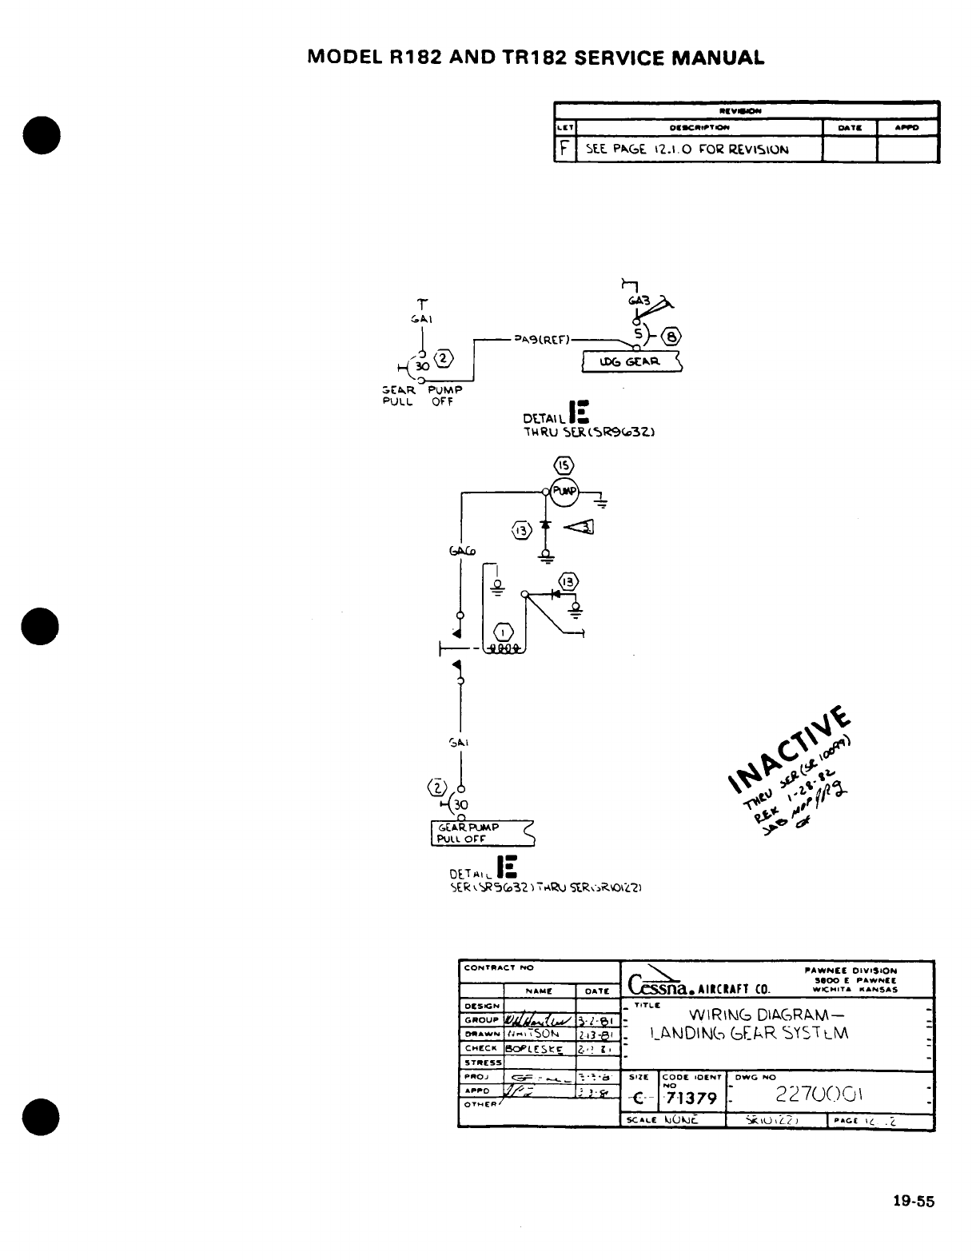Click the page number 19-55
pos(914,1202)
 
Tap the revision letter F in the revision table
pos(564,150)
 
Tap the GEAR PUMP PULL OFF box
pos(480,833)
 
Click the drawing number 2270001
pos(828,1093)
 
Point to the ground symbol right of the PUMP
pos(600,503)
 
